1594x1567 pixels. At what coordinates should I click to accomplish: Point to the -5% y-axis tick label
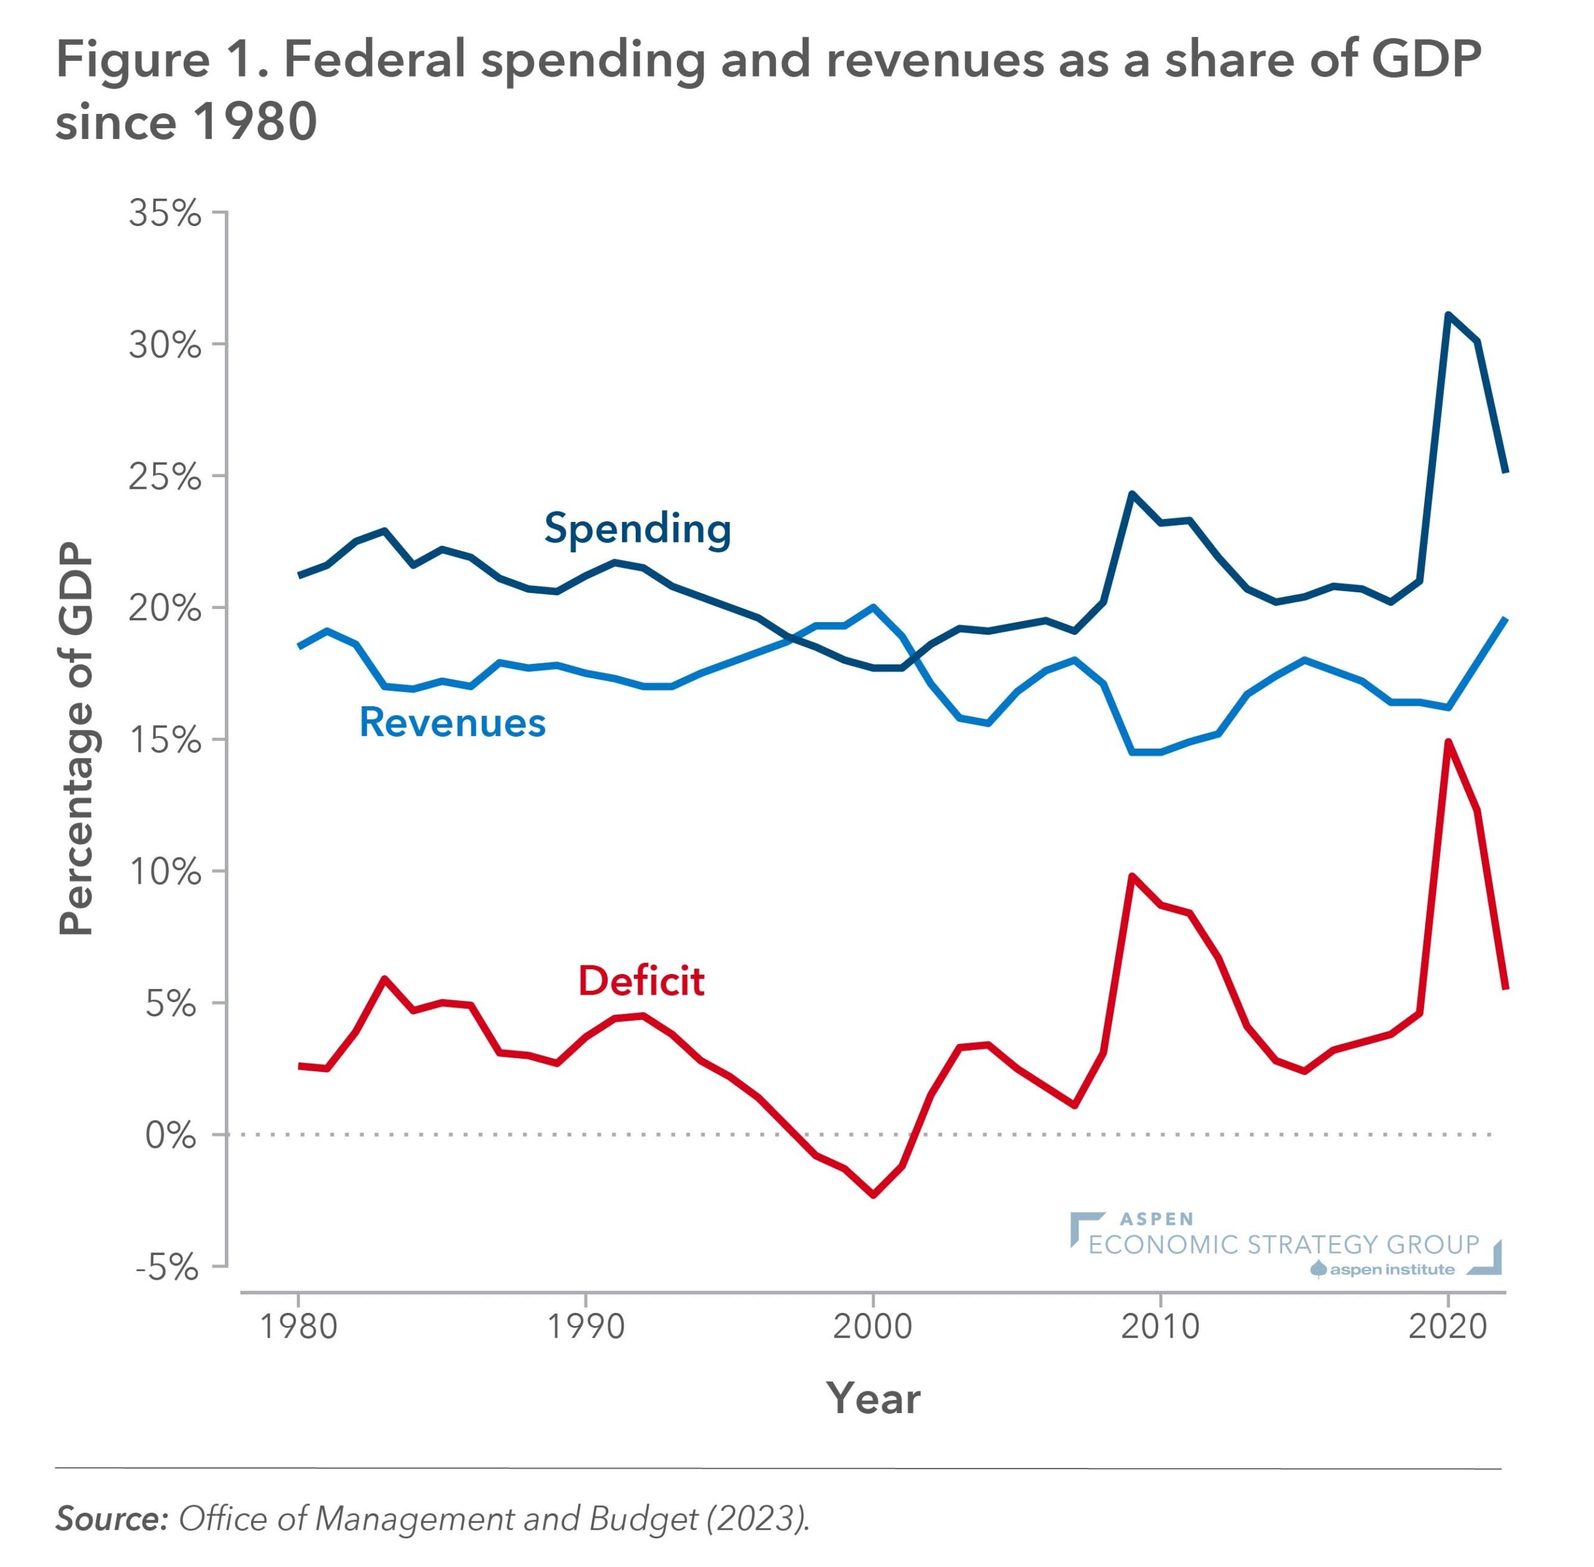coord(167,1267)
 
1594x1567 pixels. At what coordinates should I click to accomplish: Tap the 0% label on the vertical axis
coord(171,1136)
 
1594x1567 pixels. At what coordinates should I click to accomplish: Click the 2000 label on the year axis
coord(872,1327)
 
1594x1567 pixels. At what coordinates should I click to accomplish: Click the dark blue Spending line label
coord(637,528)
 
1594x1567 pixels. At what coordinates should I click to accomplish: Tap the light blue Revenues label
coord(452,722)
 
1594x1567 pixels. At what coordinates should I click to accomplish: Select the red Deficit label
coord(641,981)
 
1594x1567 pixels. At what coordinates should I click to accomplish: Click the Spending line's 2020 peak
coord(1448,315)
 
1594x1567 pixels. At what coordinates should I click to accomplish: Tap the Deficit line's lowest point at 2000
coord(872,1195)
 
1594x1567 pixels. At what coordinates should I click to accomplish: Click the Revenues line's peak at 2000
coord(872,607)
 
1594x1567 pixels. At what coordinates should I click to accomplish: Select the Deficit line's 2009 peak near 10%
coord(1131,876)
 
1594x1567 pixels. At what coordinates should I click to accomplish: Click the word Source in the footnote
coord(110,1518)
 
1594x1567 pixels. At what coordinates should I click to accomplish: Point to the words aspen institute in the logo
coord(1392,1269)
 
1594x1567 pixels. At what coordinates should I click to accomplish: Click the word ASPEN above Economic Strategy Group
coord(1156,1219)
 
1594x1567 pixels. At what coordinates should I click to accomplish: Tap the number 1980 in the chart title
coord(254,122)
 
